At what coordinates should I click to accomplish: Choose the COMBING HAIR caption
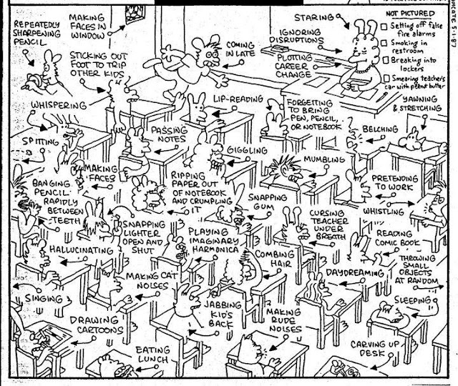tap(268, 259)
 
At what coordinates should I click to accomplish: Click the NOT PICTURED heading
tap(414, 12)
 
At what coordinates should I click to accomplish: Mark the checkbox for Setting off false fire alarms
tap(384, 24)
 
